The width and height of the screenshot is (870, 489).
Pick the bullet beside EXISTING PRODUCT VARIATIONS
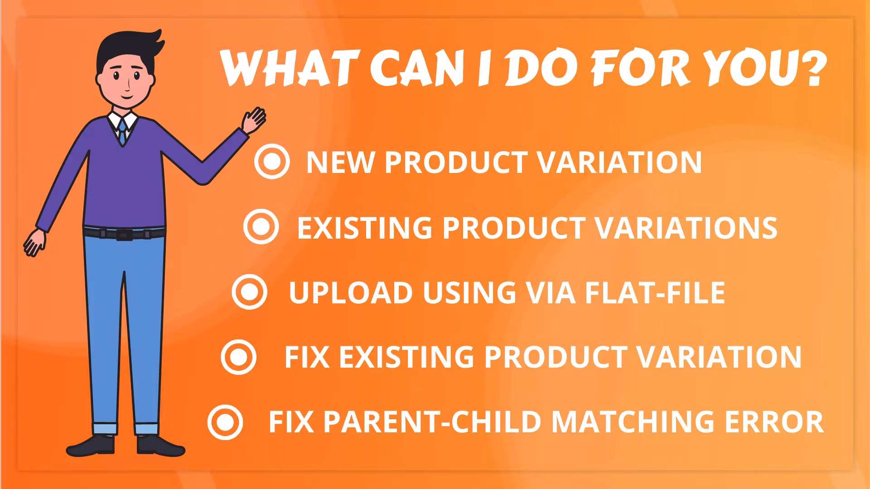(261, 226)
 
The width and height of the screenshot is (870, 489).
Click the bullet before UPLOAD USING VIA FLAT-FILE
(249, 292)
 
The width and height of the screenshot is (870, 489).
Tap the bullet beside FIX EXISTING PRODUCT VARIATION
(239, 357)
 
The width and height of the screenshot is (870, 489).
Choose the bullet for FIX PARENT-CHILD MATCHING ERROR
(225, 422)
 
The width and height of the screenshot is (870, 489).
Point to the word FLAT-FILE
(655, 292)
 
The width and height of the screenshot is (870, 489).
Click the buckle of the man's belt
(122, 235)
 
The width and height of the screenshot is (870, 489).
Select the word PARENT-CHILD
(432, 422)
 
